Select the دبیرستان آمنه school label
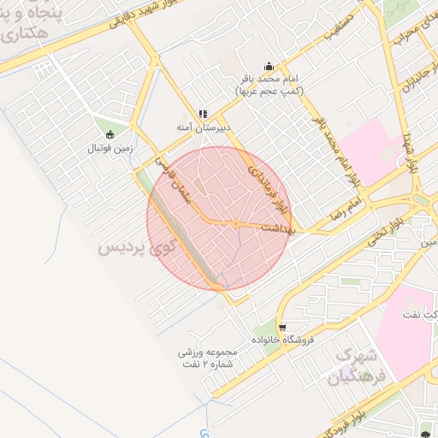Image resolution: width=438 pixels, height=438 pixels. (x=202, y=128)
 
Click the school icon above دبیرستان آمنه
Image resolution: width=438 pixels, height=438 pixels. (x=203, y=113)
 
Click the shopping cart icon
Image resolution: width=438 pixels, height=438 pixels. (x=282, y=326)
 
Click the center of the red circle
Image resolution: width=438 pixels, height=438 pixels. (x=219, y=219)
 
